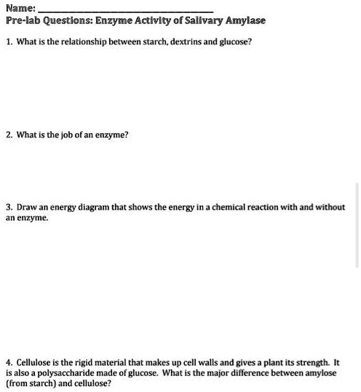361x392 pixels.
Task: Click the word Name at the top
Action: [19, 8]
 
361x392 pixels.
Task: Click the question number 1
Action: [8, 42]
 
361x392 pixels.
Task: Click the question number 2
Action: [8, 135]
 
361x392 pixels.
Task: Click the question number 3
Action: [8, 207]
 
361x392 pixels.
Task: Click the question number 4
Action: [8, 362]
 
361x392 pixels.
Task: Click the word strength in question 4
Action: [312, 362]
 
